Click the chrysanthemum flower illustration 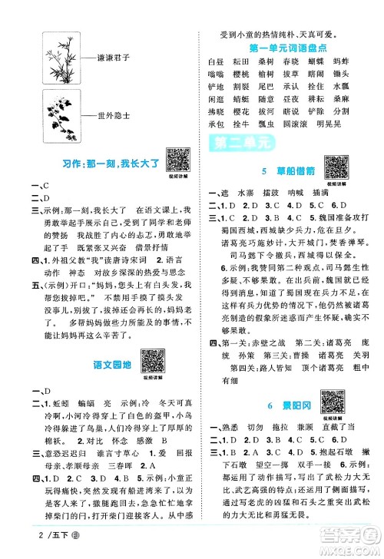coord(58,116)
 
